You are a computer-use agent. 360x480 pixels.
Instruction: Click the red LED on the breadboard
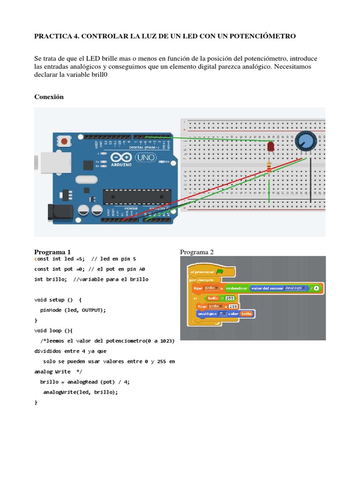pos(270,148)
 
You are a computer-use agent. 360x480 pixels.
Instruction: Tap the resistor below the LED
pos(269,166)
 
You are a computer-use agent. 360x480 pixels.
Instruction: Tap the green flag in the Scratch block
pos(220,271)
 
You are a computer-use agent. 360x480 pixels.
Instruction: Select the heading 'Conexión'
pos(49,97)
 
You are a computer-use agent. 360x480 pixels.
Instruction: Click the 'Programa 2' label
pos(197,252)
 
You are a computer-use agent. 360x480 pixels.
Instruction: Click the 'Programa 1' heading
pos(52,252)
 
